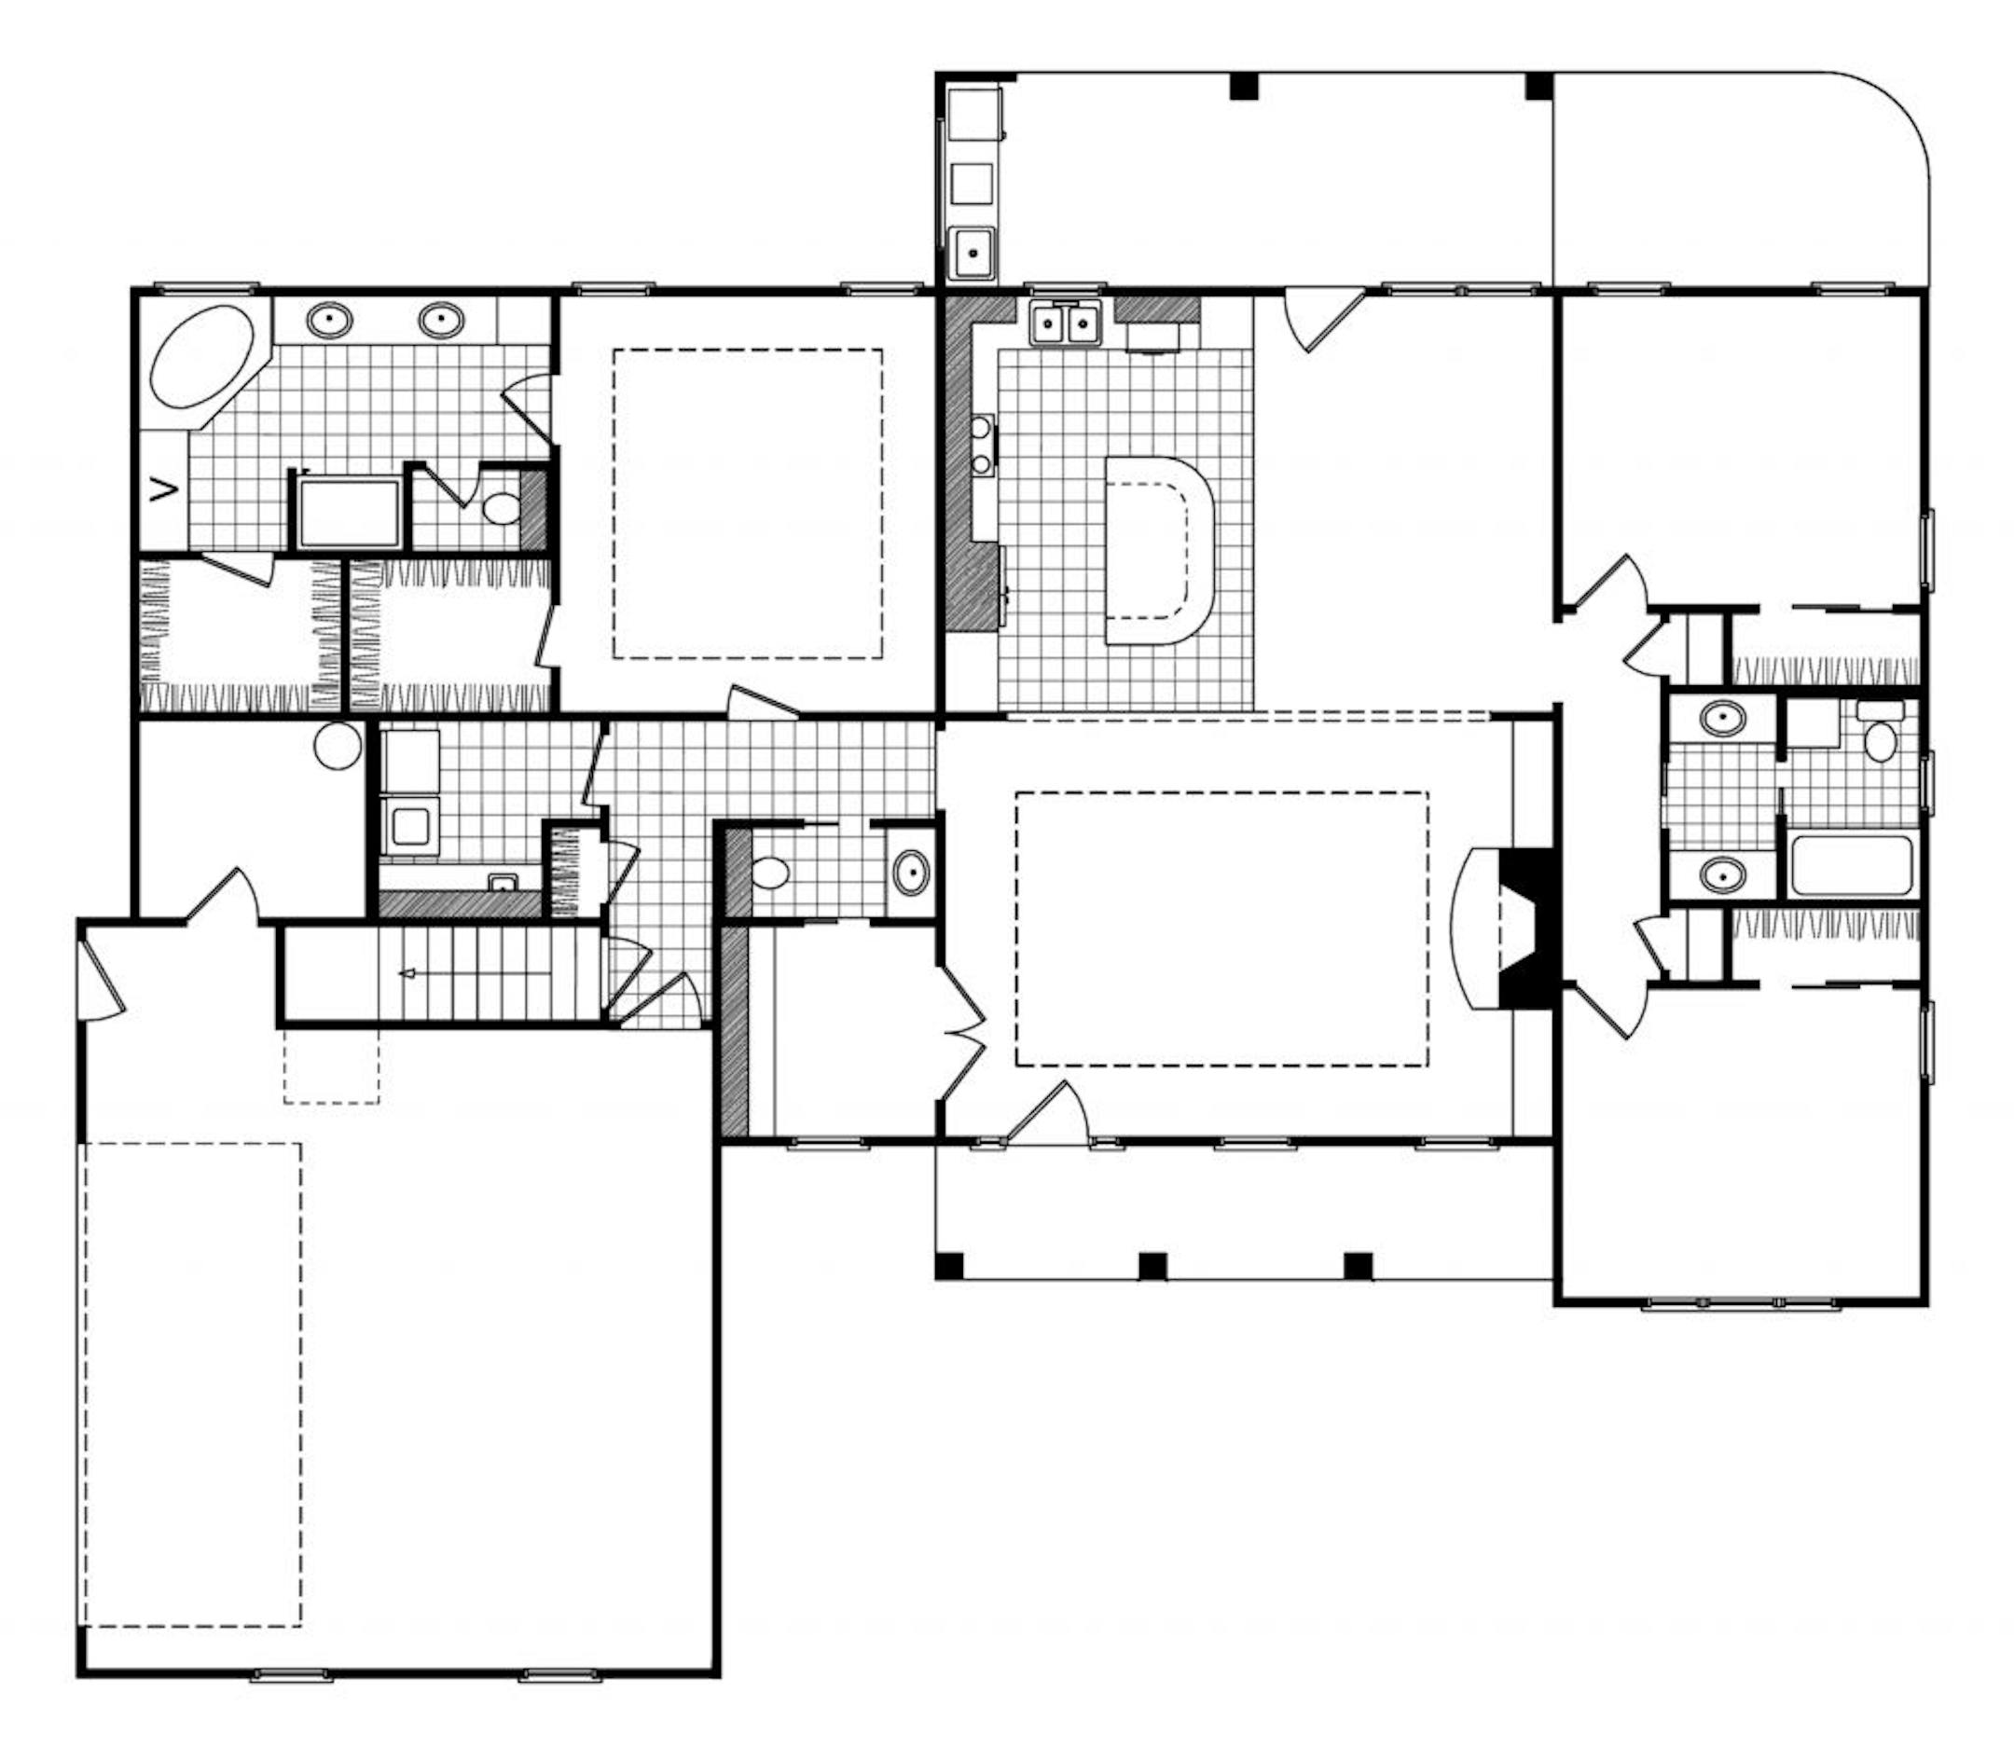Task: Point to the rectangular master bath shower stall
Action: [x=350, y=513]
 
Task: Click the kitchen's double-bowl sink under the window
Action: [x=1066, y=323]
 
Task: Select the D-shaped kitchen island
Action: [x=1159, y=550]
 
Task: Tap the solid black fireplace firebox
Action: [x=1523, y=928]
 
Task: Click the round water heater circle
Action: [x=338, y=746]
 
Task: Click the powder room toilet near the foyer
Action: [x=771, y=873]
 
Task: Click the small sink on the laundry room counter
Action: [x=503, y=882]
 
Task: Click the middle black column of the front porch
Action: [x=1152, y=1266]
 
